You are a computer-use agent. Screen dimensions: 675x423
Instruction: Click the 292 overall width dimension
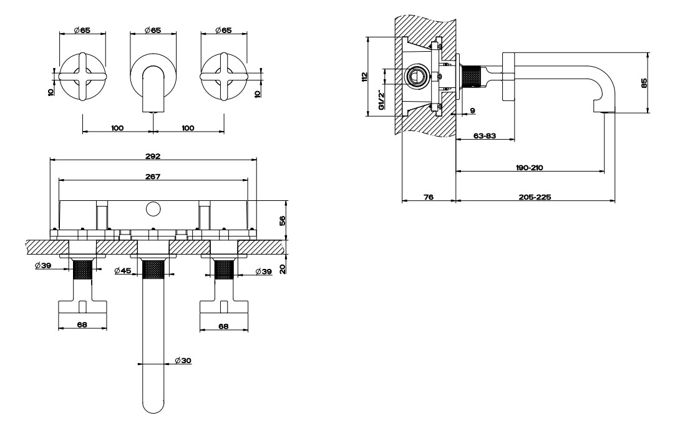point(153,156)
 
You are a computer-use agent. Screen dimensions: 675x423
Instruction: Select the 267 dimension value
point(153,177)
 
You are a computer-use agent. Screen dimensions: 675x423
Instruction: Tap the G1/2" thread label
point(381,100)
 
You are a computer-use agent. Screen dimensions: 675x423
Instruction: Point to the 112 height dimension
point(364,77)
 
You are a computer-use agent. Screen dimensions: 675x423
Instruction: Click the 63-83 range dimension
point(485,135)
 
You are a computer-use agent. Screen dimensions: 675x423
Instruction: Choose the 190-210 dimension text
point(530,167)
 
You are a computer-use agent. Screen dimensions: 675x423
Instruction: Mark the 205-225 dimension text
point(535,197)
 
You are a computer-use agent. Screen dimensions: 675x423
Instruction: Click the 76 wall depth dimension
point(429,197)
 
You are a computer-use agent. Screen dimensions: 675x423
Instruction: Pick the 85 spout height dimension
point(644,83)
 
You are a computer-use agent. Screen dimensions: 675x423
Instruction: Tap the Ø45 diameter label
point(123,271)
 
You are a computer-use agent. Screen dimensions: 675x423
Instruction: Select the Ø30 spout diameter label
point(183,361)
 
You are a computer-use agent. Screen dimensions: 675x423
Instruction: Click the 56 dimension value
point(283,220)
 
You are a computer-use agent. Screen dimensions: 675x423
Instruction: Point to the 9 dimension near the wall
point(473,110)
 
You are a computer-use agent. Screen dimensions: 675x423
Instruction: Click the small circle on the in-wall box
point(152,210)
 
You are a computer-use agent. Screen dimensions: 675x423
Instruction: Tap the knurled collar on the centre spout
point(153,270)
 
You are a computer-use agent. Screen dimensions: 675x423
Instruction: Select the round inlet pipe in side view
point(417,76)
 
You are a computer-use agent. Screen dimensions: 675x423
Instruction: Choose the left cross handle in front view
point(82,77)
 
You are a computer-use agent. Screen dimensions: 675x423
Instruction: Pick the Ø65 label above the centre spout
point(153,30)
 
